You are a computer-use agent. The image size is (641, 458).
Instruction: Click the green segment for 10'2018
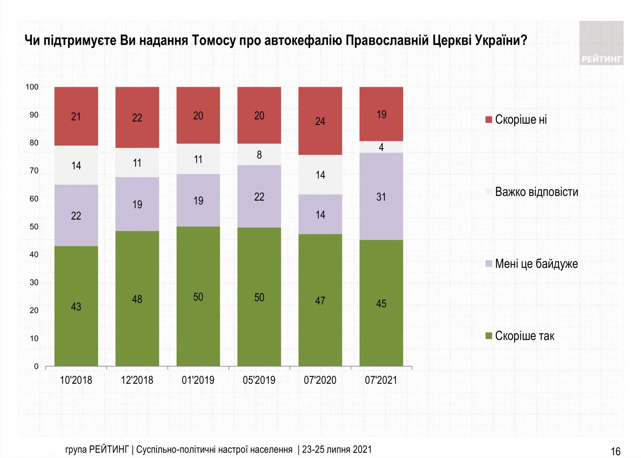[x=76, y=306]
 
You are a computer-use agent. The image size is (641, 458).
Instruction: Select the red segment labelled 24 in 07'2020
[x=320, y=121]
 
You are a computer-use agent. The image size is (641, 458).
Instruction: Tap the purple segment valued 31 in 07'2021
[x=381, y=196]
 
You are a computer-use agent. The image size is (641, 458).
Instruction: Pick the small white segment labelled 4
[x=381, y=147]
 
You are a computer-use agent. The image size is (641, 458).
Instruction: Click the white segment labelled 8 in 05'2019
[x=259, y=154]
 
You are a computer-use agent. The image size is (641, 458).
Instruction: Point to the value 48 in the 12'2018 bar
[x=137, y=299]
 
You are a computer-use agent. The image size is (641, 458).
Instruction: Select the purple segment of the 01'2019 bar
[x=198, y=200]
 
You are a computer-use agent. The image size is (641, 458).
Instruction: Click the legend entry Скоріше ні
[x=520, y=120]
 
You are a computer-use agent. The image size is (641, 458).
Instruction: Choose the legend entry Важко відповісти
[x=536, y=192]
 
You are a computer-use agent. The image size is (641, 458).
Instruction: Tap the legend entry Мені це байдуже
[x=536, y=264]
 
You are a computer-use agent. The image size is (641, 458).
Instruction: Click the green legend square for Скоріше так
[x=489, y=336]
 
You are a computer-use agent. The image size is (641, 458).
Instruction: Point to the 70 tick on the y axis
[x=34, y=171]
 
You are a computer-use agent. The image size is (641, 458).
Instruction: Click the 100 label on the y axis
[x=32, y=87]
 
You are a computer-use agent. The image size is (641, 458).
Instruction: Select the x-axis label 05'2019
[x=259, y=380]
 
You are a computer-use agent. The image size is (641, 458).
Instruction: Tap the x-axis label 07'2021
[x=381, y=380]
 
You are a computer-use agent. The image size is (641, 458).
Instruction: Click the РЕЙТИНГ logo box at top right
[x=601, y=43]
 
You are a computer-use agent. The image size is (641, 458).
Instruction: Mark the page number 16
[x=615, y=451]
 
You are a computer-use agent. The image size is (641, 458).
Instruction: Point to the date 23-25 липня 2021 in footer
[x=337, y=449]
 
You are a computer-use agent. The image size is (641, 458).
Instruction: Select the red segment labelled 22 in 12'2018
[x=137, y=117]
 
